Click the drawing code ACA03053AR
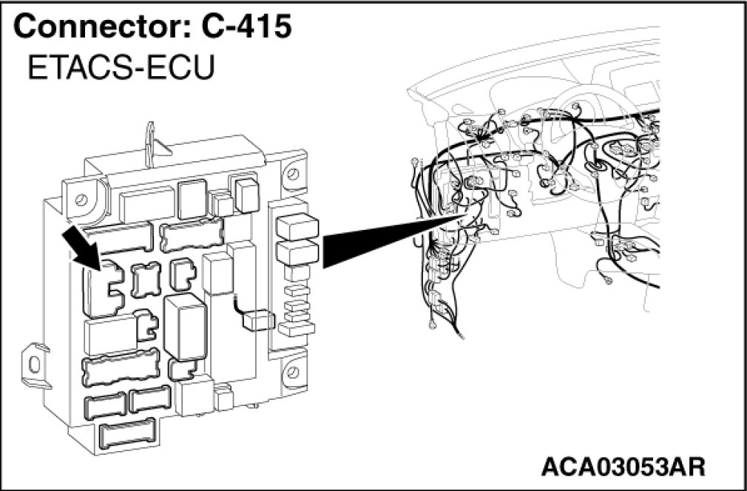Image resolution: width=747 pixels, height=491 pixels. click(623, 467)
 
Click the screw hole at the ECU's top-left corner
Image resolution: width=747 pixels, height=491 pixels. click(81, 198)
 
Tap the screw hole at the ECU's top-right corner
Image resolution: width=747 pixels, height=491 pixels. click(293, 175)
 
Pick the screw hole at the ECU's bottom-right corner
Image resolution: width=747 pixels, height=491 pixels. click(294, 368)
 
